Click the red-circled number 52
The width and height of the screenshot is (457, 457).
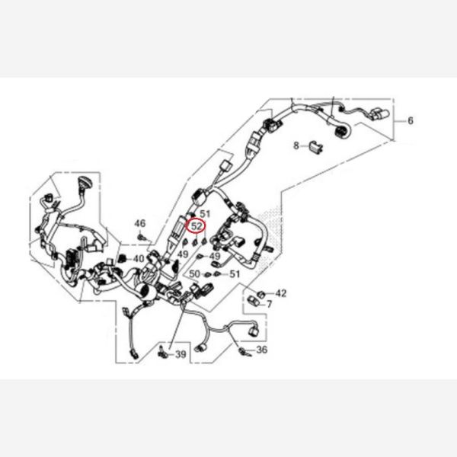pyautogui.click(x=197, y=226)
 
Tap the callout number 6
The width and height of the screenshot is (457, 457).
pyautogui.click(x=411, y=120)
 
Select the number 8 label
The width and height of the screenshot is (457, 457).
pyautogui.click(x=296, y=145)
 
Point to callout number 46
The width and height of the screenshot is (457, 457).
pyautogui.click(x=139, y=223)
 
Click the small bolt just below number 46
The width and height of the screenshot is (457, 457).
pyautogui.click(x=142, y=237)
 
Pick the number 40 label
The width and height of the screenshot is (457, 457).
pyautogui.click(x=139, y=258)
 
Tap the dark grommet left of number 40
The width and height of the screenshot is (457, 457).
pyautogui.click(x=123, y=258)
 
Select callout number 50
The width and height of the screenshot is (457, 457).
pyautogui.click(x=195, y=274)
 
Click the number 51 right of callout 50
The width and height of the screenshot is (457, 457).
pyautogui.click(x=235, y=274)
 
